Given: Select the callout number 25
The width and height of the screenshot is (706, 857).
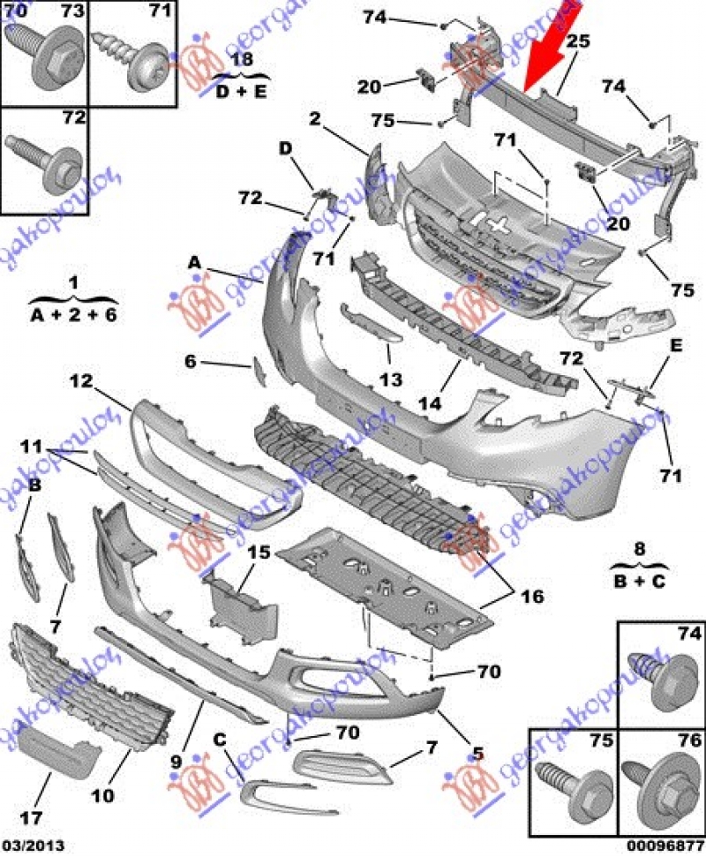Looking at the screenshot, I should [577, 41].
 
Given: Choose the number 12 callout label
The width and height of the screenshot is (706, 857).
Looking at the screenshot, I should [81, 381].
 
